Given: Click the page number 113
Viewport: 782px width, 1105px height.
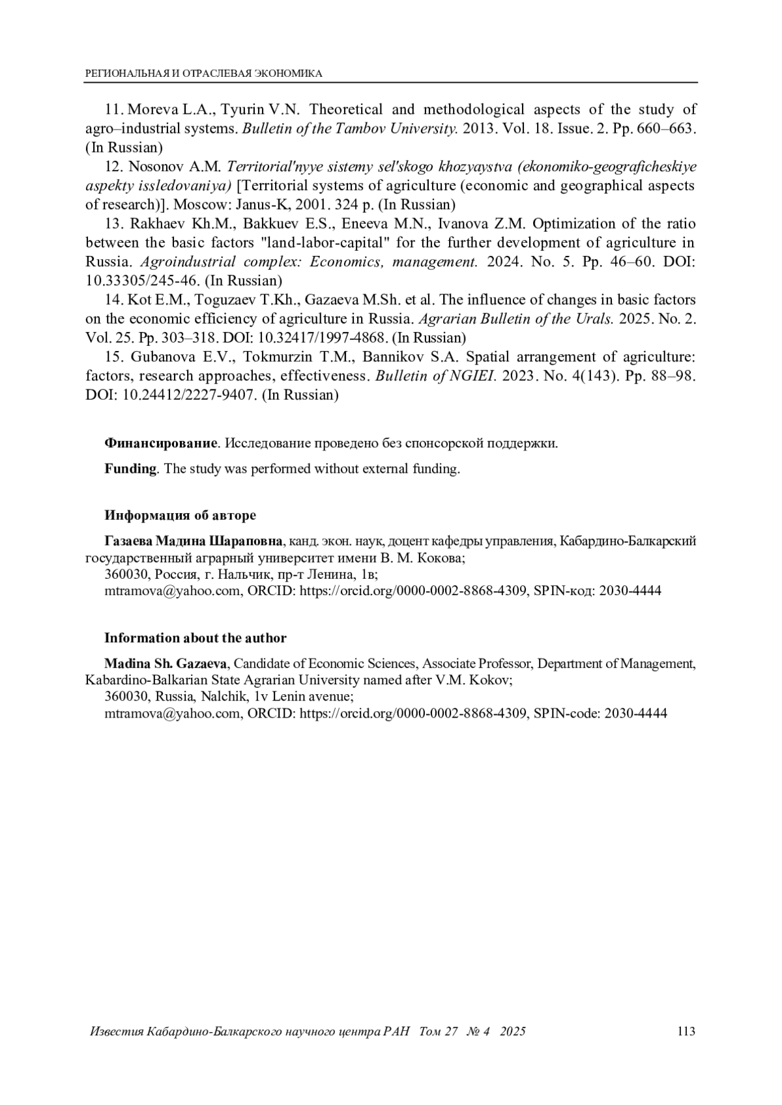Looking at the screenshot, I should point(686,1031).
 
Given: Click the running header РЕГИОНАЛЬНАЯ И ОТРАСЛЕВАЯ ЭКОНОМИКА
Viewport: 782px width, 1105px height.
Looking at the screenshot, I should point(204,74).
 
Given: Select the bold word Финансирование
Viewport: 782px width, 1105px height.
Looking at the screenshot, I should point(160,443).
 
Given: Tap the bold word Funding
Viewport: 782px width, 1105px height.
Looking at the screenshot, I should point(130,469).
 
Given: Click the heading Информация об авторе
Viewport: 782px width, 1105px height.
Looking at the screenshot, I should point(181,516).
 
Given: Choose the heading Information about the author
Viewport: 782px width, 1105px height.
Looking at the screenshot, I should point(195,638).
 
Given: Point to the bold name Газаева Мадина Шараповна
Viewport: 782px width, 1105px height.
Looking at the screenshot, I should point(194,541).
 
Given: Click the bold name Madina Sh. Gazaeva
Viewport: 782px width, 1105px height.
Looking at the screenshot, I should point(166,664).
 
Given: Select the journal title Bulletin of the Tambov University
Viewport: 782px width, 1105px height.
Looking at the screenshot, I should point(350,128).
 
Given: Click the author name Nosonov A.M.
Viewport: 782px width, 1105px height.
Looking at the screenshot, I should point(171,166).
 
